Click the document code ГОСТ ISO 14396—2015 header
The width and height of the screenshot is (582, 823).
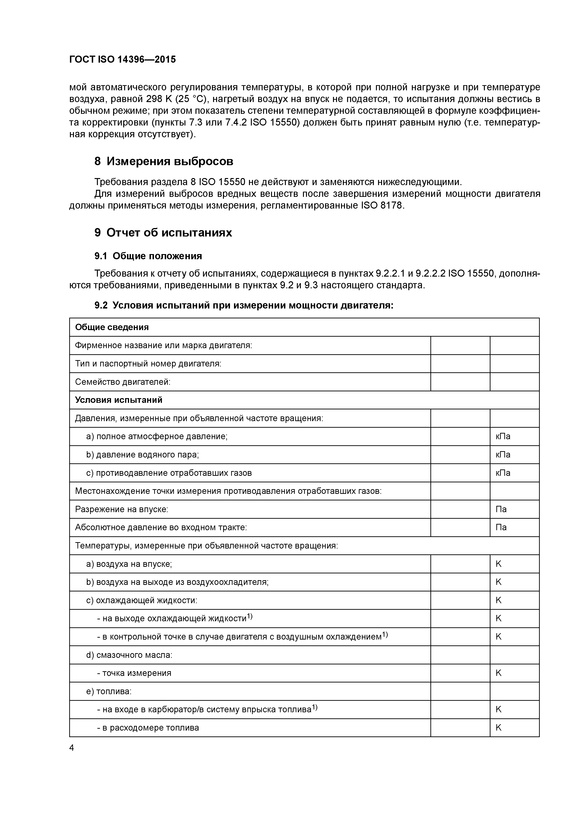click(x=122, y=60)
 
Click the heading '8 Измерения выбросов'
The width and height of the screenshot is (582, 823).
click(x=164, y=161)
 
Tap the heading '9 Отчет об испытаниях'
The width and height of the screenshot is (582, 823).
click(x=163, y=233)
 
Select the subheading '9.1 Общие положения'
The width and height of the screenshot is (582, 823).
click(x=148, y=256)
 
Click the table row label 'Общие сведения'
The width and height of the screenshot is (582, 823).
click(x=112, y=327)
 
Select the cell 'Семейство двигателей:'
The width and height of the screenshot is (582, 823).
click(x=123, y=382)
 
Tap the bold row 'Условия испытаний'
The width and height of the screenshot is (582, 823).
click(x=119, y=400)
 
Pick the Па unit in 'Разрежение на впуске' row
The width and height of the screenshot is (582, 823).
click(x=501, y=509)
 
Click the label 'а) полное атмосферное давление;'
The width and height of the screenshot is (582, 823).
click(x=157, y=437)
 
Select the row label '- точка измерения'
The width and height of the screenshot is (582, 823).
click(x=134, y=673)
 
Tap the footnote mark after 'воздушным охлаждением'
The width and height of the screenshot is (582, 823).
click(x=385, y=635)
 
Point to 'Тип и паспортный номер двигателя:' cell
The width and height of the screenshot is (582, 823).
click(x=148, y=364)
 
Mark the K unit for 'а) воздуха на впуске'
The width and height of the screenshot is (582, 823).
click(x=498, y=564)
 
